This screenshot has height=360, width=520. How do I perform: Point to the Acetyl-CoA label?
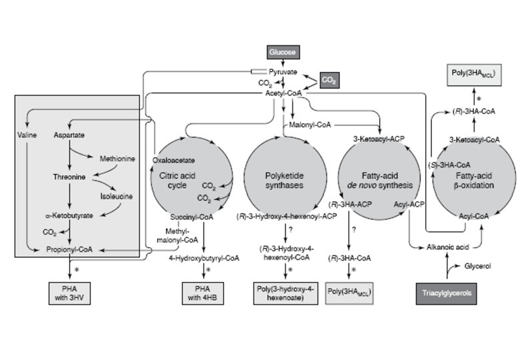tap(284, 94)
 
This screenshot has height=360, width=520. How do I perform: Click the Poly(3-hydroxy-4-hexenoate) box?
tap(285, 291)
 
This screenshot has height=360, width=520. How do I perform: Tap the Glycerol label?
tap(477, 265)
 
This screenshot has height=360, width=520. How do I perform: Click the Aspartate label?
tap(69, 135)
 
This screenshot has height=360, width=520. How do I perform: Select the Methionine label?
tap(117, 159)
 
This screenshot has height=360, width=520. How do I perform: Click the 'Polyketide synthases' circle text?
tap(285, 179)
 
